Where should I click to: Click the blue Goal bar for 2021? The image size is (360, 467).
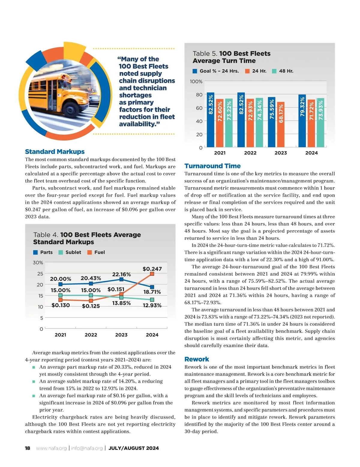click(x=211, y=120)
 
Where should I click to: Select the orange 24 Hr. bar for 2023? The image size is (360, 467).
click(x=281, y=124)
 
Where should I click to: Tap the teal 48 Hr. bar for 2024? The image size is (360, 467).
click(x=321, y=123)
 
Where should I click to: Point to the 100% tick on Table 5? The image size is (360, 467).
click(x=196, y=82)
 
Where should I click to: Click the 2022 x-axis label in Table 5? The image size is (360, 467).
click(x=250, y=153)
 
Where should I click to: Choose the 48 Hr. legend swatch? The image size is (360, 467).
click(x=274, y=71)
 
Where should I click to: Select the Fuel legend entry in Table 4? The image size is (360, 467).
click(x=96, y=252)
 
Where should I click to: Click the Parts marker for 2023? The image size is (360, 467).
click(x=121, y=279)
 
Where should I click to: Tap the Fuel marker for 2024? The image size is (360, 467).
click(x=152, y=274)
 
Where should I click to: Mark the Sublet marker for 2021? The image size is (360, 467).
click(x=60, y=295)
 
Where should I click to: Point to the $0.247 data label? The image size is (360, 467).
click(x=152, y=269)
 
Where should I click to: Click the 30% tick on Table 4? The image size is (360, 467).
click(x=38, y=263)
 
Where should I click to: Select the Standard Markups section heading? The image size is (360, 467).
click(x=55, y=152)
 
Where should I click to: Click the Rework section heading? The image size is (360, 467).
click(x=197, y=359)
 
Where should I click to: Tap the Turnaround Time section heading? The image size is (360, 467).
click(x=212, y=166)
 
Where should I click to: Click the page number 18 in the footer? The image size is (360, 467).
click(x=28, y=448)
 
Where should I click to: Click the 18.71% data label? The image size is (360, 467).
click(x=152, y=292)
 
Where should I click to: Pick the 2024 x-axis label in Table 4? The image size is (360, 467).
click(x=152, y=335)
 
